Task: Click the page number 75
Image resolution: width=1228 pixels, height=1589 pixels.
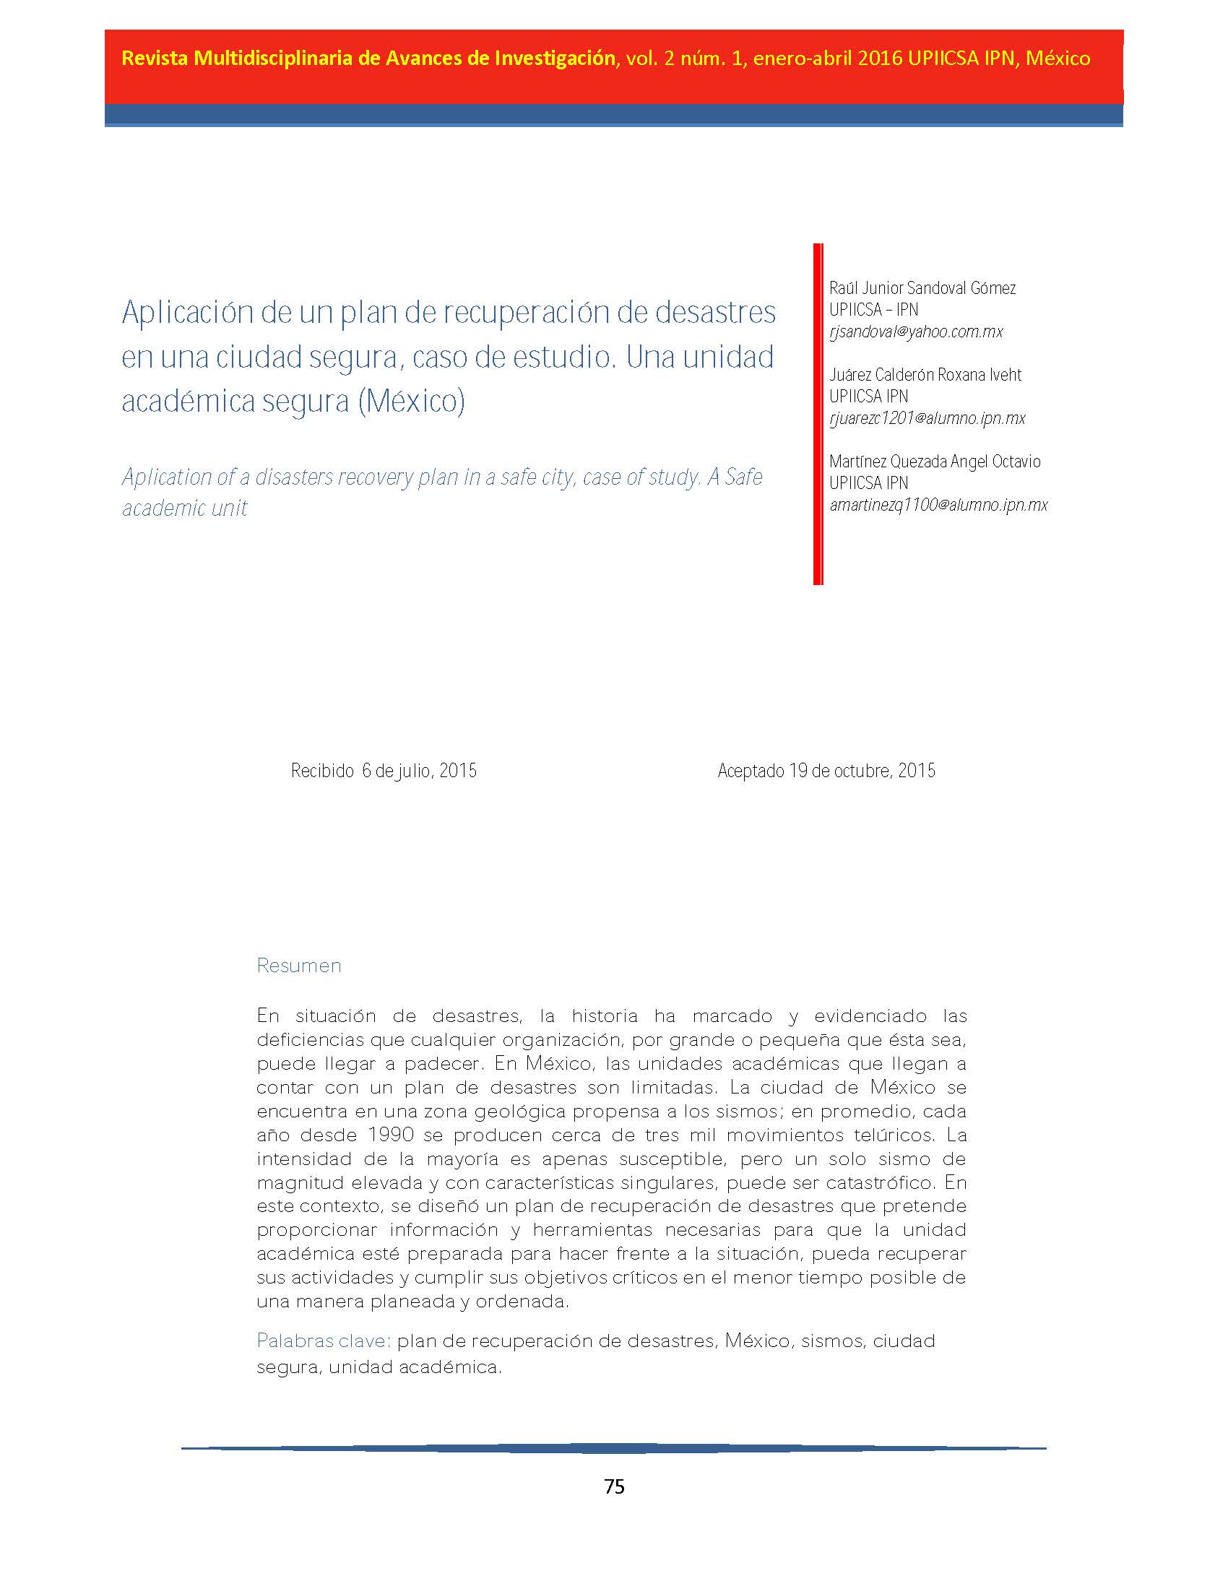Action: [614, 1486]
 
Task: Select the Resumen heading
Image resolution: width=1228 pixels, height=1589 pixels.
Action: [299, 966]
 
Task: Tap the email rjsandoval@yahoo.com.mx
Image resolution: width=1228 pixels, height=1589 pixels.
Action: [916, 332]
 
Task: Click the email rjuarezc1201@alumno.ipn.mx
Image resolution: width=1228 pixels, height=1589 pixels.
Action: [928, 418]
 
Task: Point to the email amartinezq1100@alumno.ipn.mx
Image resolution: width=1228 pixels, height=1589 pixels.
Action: [938, 505]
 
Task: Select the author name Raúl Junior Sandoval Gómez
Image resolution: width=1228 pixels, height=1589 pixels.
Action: [922, 288]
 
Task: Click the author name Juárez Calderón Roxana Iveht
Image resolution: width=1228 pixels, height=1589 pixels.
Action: [925, 375]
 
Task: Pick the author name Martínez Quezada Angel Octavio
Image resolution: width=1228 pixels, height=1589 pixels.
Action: [935, 462]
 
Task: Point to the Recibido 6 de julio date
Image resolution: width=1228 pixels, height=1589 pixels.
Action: [384, 771]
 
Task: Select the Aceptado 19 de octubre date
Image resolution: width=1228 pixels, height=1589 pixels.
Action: [826, 771]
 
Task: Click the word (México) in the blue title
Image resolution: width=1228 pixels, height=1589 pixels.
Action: [411, 401]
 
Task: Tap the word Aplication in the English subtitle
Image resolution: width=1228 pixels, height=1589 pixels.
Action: [166, 477]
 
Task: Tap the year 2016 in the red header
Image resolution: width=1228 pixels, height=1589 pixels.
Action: [880, 59]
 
